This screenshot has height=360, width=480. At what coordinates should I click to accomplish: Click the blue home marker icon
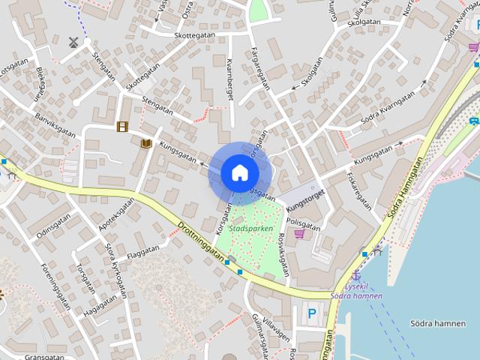tap(239, 173)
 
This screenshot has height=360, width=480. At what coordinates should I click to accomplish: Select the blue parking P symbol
tap(311, 315)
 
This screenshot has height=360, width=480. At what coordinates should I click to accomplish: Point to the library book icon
tap(146, 142)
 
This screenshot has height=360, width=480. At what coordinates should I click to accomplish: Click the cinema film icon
tap(122, 126)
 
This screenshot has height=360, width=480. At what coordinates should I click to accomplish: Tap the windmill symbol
tap(73, 43)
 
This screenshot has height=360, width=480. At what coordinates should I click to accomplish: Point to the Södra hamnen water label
tap(438, 323)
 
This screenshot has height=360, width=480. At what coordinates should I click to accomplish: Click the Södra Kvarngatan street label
tap(388, 108)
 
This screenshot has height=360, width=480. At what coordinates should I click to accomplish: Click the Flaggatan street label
tap(142, 253)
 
